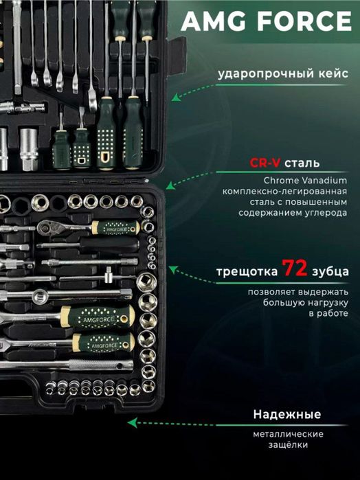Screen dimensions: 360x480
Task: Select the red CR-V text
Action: [265, 163]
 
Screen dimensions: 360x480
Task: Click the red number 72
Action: [295, 268]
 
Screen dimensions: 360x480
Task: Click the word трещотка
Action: [247, 272]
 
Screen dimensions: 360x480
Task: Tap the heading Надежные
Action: [286, 414]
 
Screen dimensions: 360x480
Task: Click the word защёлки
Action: [288, 444]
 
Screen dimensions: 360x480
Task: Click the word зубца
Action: [330, 272]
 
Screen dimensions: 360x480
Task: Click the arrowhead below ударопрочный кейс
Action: [176, 98]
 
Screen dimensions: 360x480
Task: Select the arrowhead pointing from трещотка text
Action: [173, 269]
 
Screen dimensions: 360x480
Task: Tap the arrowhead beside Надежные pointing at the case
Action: [132, 423]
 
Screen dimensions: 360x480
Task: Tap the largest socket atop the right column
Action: [146, 282]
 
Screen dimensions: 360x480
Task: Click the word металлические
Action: [288, 434]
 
